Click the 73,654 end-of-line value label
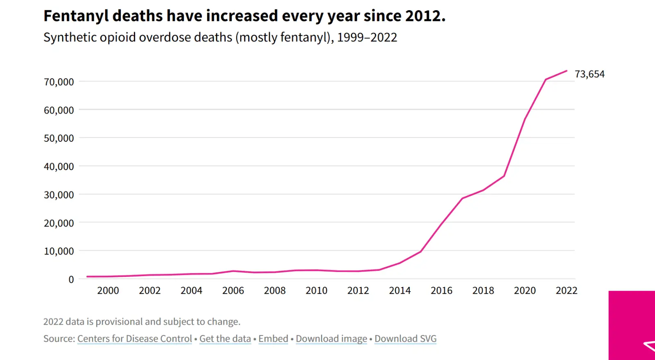click(x=589, y=74)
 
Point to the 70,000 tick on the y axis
click(x=59, y=82)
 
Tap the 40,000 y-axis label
click(x=59, y=166)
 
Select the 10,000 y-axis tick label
click(x=59, y=251)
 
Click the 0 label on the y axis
click(x=71, y=279)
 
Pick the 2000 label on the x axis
click(x=108, y=290)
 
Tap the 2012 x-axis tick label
click(x=358, y=290)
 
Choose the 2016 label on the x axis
click(x=441, y=290)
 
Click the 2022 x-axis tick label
click(x=567, y=290)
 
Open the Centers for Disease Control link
click(x=135, y=338)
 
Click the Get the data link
click(x=225, y=338)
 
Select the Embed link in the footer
click(x=273, y=338)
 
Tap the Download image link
click(x=331, y=338)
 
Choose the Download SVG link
click(x=405, y=338)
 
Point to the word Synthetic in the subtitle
click(x=70, y=37)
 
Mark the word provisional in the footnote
click(x=119, y=322)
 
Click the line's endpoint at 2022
click(x=567, y=71)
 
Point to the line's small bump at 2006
click(x=233, y=271)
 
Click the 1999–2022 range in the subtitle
click(x=367, y=37)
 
